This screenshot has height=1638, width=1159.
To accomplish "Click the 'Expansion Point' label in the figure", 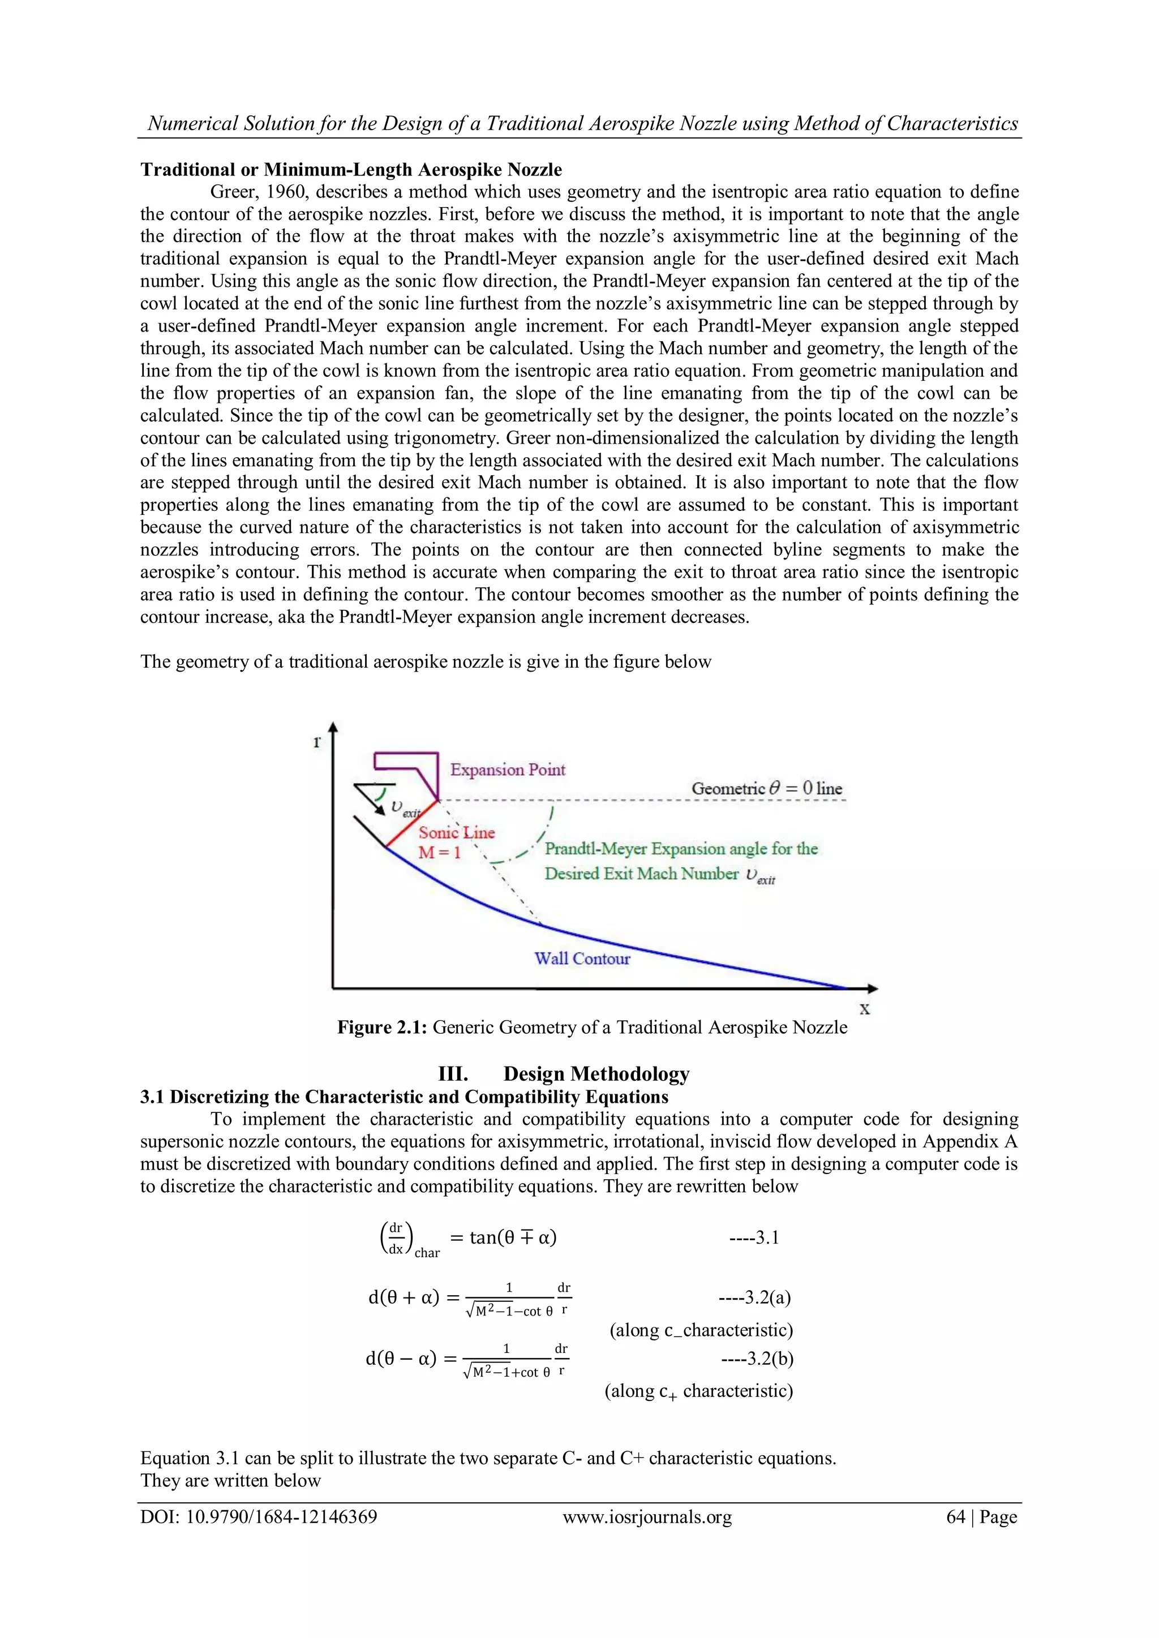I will coord(508,769).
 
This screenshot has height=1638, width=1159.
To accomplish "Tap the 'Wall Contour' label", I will coord(582,958).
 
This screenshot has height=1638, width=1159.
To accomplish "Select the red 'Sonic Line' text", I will coord(456,832).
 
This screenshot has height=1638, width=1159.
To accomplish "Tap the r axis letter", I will coord(317,741).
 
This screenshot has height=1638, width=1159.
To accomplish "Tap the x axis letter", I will coord(864,1009).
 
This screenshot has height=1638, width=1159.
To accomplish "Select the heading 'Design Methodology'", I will coord(596,1074).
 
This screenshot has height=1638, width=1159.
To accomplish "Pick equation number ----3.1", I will coord(754,1237).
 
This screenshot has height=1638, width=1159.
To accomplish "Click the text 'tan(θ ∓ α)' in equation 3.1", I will coord(512,1237).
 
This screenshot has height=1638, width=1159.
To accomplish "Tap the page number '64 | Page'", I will coord(981,1517).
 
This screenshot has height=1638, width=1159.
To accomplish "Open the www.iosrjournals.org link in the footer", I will coord(647,1517).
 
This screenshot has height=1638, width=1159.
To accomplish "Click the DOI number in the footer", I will coord(259,1517).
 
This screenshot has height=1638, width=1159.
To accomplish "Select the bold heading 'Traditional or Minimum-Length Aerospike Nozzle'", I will coord(351,170).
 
